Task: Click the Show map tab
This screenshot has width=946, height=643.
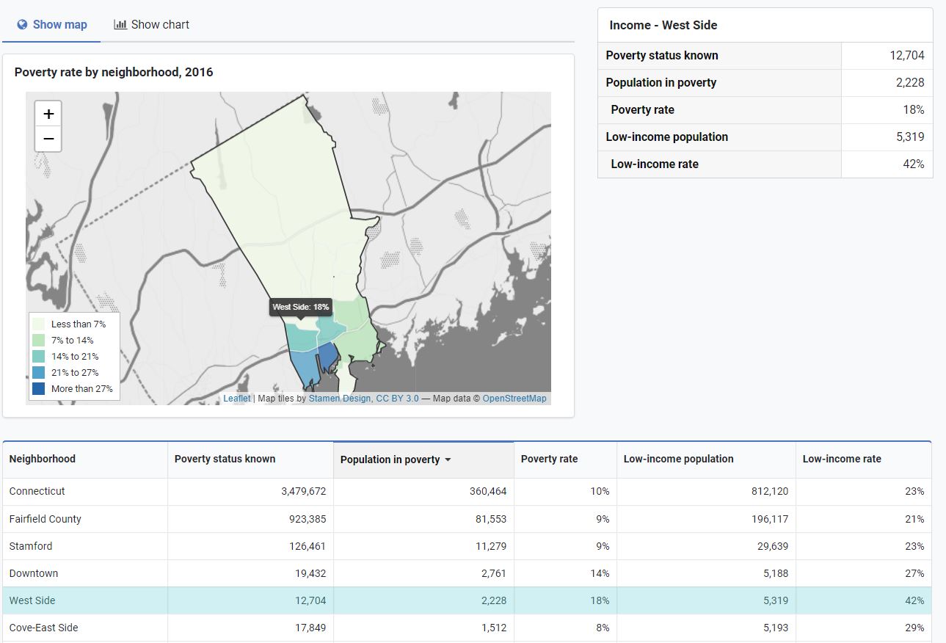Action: (52, 24)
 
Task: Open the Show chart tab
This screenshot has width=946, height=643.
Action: (152, 24)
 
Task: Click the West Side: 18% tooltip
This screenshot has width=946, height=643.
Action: (300, 307)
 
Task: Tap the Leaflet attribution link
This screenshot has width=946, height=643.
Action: (236, 399)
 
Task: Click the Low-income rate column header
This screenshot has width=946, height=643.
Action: (841, 459)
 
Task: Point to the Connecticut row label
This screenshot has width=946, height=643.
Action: (37, 491)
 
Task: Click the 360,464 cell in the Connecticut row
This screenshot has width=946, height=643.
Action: (488, 491)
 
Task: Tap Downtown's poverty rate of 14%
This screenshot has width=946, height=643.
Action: (600, 573)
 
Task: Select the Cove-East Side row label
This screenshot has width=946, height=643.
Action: (43, 628)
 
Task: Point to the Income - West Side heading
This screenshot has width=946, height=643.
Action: (663, 25)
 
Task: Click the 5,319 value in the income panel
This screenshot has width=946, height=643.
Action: (909, 137)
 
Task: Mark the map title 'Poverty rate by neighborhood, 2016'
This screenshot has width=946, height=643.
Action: (114, 72)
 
